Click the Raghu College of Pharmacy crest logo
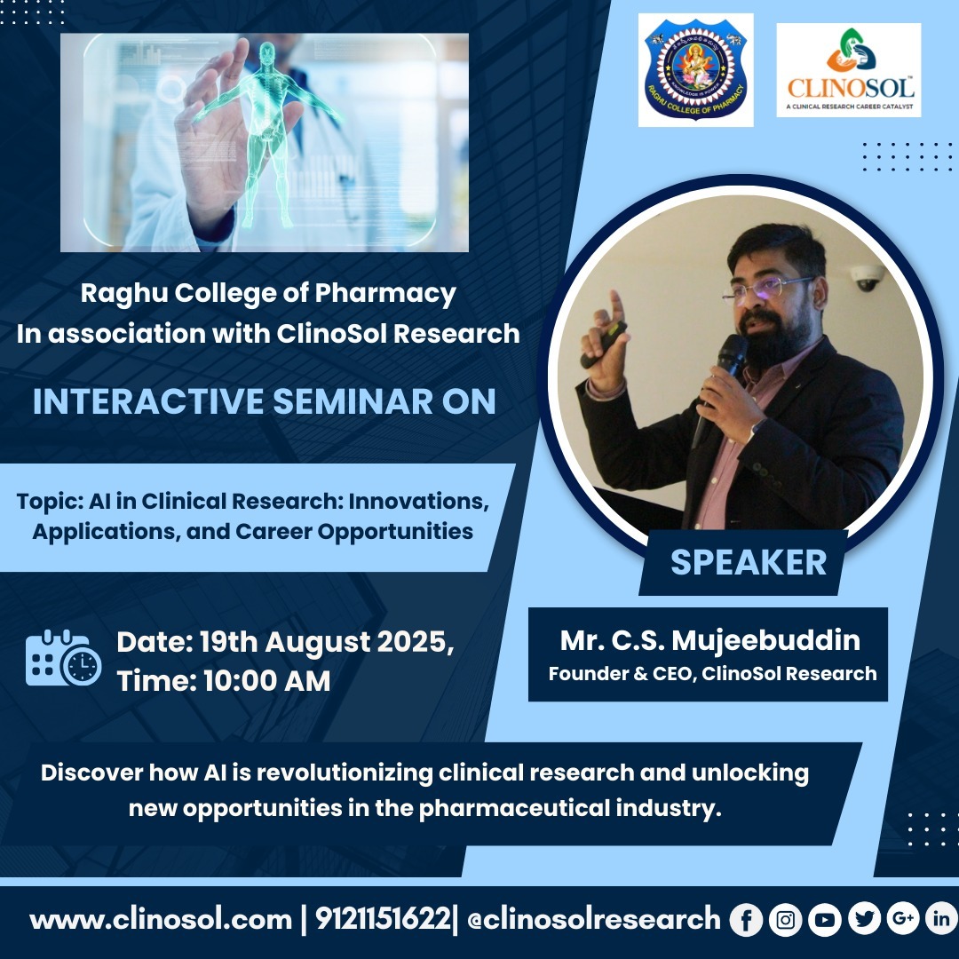pos(695,70)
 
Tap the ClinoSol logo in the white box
pos(849,70)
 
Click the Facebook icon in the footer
pos(746,919)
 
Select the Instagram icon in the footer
pos(785,919)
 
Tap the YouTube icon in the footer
pos(824,919)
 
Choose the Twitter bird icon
pos(864,919)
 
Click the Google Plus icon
pos(903,919)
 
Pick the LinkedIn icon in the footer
pos(942,919)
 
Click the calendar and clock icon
pos(63,657)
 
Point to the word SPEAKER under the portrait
pos(749,562)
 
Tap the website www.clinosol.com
pos(161,920)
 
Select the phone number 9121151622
pos(383,919)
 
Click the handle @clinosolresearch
pos(594,919)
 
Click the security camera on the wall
pos(867,278)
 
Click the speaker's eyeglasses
pos(767,289)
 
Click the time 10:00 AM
pos(266,681)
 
